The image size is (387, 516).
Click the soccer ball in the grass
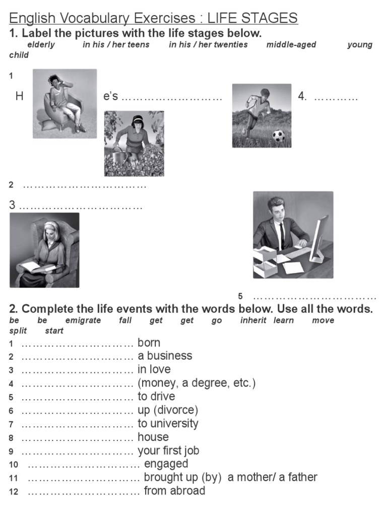tap(278, 136)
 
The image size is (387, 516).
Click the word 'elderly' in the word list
tap(41, 44)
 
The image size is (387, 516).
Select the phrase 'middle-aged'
tap(291, 44)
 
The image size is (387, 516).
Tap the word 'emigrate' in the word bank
tap(83, 320)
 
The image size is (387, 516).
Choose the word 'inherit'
tap(253, 320)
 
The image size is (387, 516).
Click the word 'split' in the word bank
tap(18, 331)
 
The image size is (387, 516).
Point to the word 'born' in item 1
tap(149, 343)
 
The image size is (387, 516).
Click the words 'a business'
tap(165, 356)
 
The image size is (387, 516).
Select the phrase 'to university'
tap(168, 423)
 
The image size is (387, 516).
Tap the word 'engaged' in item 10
tap(166, 464)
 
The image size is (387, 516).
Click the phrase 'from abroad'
tap(174, 491)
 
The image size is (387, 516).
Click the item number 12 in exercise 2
tap(14, 492)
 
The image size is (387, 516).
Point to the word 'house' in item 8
tap(153, 437)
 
